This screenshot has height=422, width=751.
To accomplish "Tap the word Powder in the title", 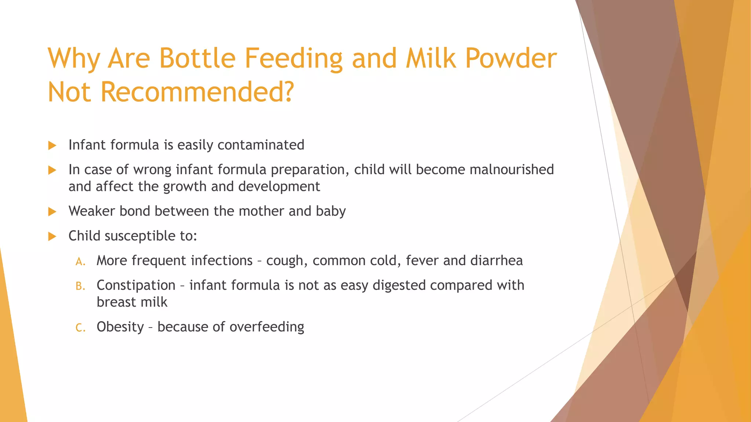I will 511,59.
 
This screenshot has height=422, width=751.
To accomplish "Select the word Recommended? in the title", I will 197,92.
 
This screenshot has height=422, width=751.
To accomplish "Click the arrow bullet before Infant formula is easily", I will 52,145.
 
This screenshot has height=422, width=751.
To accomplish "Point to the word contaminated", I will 261,145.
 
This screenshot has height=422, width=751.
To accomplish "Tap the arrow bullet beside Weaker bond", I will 52,211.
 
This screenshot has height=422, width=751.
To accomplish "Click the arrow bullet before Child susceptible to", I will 52,236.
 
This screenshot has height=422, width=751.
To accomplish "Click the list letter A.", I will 80,262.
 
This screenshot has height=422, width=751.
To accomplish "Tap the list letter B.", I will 80,286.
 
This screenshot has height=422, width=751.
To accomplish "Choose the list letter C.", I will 80,327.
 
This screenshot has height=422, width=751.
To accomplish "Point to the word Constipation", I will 136,285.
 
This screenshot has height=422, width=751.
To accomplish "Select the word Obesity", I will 120,327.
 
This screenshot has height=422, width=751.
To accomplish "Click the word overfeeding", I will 267,327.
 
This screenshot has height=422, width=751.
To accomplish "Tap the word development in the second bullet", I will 279,187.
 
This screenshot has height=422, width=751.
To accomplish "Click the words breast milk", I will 132,302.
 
